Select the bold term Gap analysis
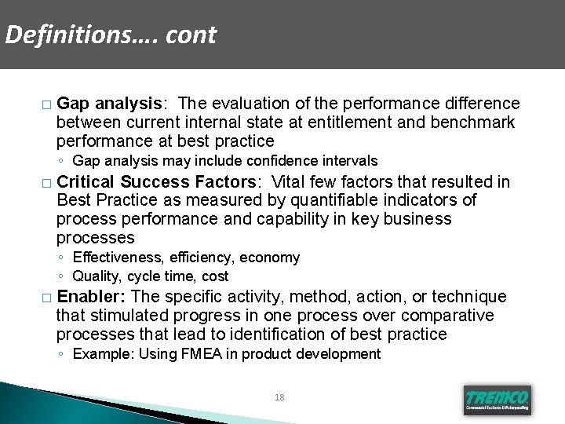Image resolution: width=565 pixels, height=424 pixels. point(109,104)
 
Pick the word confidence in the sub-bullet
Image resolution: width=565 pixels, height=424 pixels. point(280,161)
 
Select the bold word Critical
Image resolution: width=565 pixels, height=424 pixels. point(86,181)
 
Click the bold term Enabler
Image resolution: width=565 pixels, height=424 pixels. point(91,297)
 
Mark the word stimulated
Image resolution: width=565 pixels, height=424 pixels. point(128,316)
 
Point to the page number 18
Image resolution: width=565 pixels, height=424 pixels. point(280,398)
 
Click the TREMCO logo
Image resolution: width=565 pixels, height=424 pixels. point(497,400)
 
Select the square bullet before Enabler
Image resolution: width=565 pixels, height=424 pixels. point(47,298)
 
